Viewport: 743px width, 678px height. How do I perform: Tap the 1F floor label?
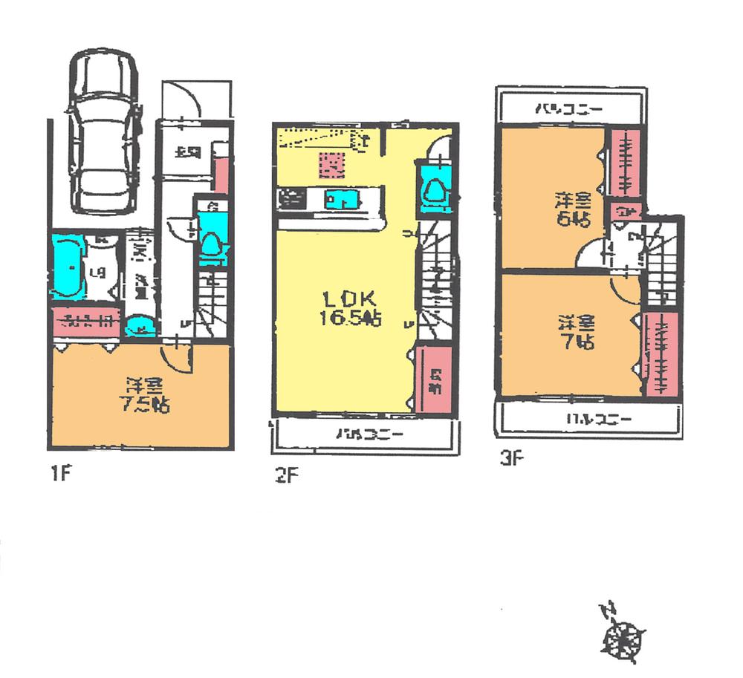[61, 472]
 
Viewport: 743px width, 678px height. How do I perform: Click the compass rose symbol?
[623, 633]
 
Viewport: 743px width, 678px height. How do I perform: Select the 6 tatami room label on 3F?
[572, 209]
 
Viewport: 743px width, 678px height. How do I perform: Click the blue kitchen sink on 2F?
[340, 200]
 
